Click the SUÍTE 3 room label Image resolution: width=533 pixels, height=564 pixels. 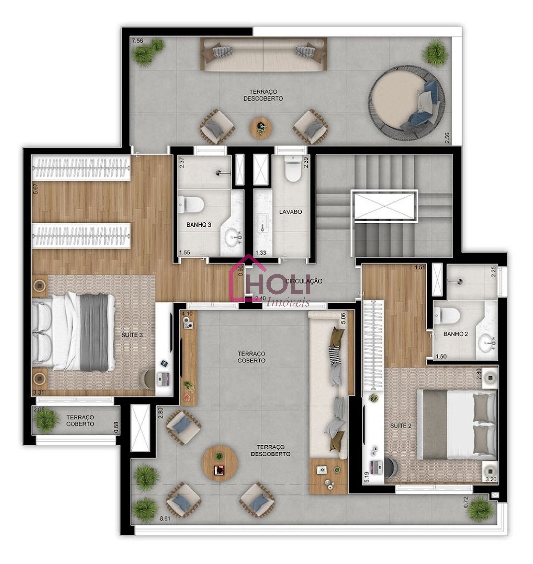(132, 335)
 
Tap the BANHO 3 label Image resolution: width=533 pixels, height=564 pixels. (199, 225)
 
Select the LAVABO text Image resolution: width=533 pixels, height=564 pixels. (290, 212)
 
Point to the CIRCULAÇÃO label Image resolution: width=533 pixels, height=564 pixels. (304, 281)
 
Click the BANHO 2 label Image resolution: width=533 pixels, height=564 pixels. (456, 334)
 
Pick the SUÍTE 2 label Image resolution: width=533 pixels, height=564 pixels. (401, 425)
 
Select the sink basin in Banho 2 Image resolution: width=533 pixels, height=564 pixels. (487, 343)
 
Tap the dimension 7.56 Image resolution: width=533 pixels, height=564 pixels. (137, 41)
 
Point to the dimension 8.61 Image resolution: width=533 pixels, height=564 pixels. (165, 518)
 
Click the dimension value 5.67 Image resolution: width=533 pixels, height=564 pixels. (35, 189)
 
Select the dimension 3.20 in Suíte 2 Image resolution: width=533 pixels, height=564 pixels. (491, 480)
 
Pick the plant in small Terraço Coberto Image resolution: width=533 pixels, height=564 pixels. (46, 421)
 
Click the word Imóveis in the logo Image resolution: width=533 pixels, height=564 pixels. (287, 303)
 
